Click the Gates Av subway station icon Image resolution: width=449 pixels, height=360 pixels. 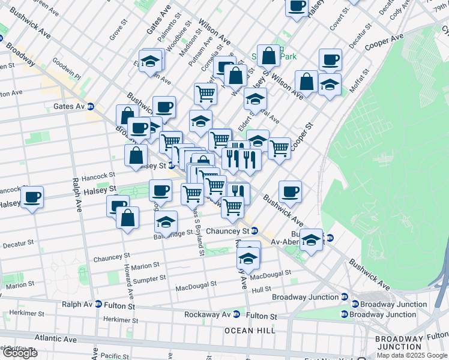coord(91,107)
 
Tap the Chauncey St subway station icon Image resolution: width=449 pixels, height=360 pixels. coord(255,231)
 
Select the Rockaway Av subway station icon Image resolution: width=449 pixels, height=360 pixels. coord(237,314)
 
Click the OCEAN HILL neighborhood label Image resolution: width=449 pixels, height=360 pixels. coord(250,331)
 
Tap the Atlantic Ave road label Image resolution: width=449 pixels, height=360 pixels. coord(55,340)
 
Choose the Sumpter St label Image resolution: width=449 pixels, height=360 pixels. coord(150,278)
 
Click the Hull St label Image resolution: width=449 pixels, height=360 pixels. coord(262,289)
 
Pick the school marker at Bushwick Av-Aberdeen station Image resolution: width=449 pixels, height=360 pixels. coord(311,240)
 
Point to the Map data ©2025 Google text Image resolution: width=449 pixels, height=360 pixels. coord(411,355)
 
